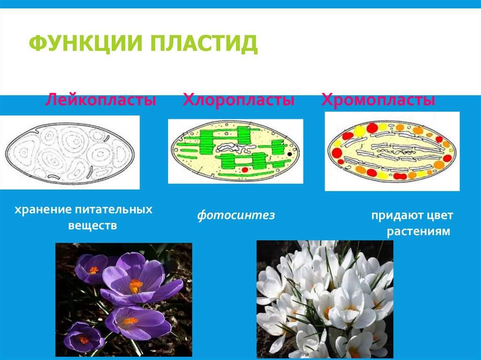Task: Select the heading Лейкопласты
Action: (101, 100)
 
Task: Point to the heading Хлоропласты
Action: (239, 100)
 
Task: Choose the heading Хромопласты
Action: (378, 100)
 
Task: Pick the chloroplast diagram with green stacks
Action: (235, 151)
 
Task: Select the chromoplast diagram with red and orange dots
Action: (392, 151)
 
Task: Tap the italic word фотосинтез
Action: (236, 215)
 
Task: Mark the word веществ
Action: (93, 226)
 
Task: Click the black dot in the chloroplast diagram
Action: (290, 153)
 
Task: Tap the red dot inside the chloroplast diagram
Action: (245, 169)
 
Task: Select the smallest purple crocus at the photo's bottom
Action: (84, 338)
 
